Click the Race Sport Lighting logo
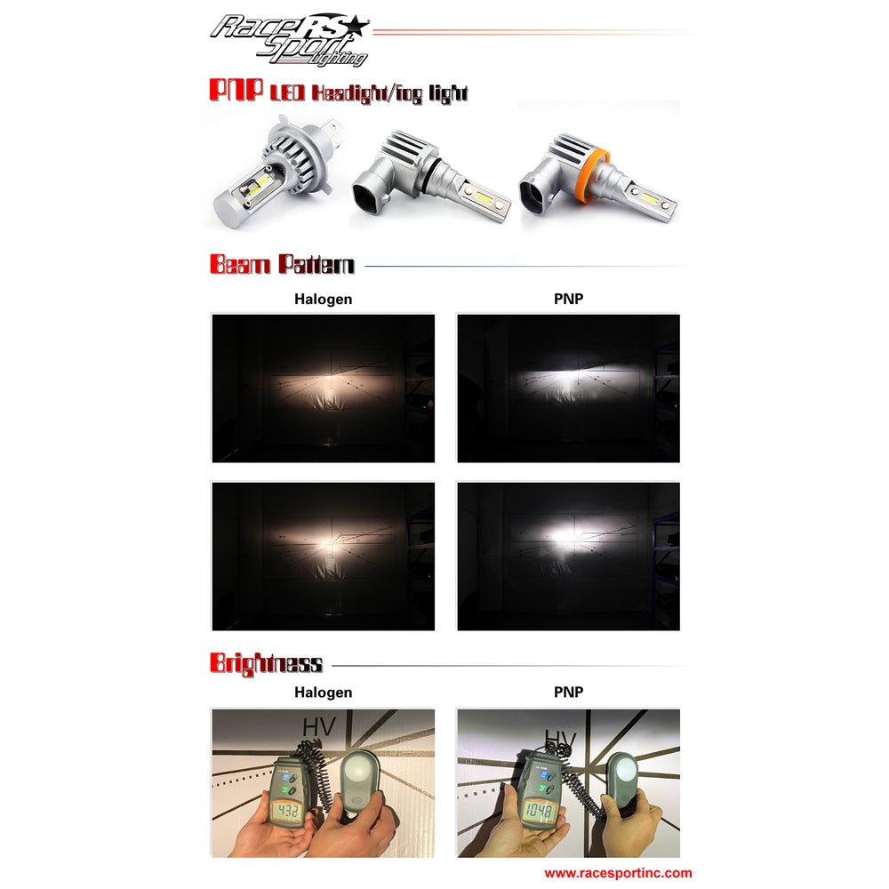(290, 39)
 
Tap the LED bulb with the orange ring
(597, 179)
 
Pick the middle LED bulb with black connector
(430, 178)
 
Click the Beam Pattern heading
(282, 265)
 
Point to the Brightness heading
(266, 663)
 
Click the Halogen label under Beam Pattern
(323, 300)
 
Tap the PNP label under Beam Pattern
(568, 300)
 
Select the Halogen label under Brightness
(323, 693)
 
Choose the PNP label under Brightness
(568, 693)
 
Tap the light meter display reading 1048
(539, 811)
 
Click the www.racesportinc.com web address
(618, 874)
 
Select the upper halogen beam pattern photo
(323, 388)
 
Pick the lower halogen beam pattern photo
(323, 556)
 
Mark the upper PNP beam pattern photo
(568, 388)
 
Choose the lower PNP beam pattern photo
(568, 556)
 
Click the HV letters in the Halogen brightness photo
(318, 726)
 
